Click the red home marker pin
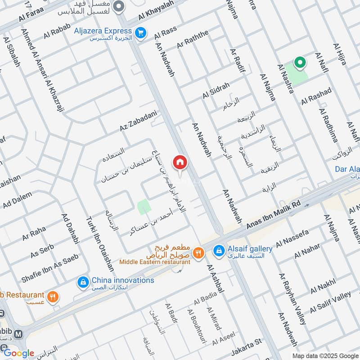point(180,163)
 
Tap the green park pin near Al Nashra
point(298,63)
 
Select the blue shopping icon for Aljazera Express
point(141,32)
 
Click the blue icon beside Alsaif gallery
point(219,251)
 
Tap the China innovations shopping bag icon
point(83,282)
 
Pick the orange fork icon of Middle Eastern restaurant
point(198,255)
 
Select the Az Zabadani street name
point(138,120)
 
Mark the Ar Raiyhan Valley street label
point(292,299)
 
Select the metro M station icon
point(19,334)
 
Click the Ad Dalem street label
point(17,201)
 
